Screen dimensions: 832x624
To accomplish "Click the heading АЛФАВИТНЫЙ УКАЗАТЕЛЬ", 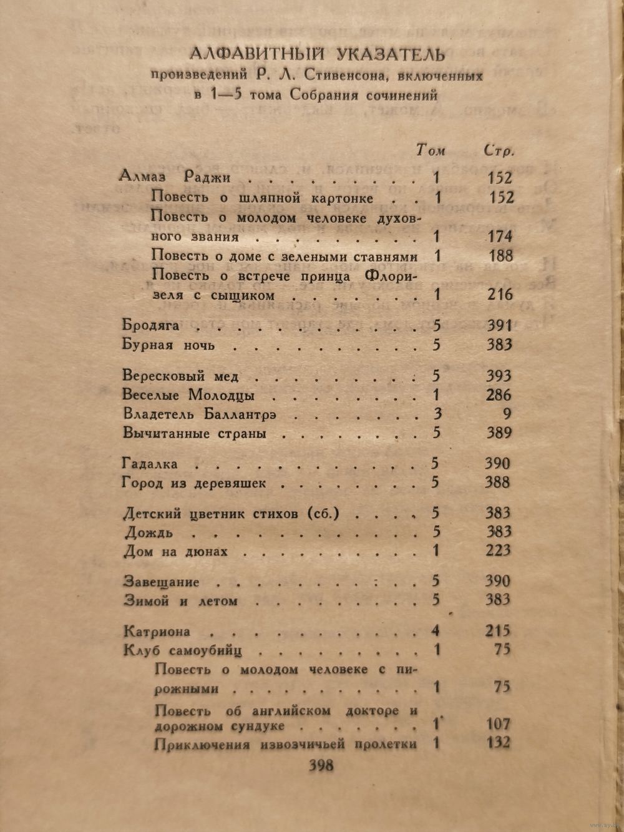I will (316, 54).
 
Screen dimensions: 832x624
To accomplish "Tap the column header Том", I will (431, 150).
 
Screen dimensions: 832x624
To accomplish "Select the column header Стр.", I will (499, 150).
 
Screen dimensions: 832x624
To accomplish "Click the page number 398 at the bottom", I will (321, 766).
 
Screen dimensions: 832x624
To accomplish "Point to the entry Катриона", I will (157, 631).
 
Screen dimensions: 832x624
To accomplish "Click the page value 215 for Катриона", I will (497, 630).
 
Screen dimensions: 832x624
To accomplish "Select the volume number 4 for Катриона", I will (436, 630).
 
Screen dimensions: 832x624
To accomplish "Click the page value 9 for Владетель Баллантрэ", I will (506, 413).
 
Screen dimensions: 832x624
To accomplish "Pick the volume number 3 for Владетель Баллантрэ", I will (436, 413).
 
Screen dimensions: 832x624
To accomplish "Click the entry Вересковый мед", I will (181, 376).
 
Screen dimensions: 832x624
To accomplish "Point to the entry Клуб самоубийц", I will (182, 650).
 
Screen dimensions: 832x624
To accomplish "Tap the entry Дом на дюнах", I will (176, 552).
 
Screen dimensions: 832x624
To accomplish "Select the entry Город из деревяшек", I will (194, 483).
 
